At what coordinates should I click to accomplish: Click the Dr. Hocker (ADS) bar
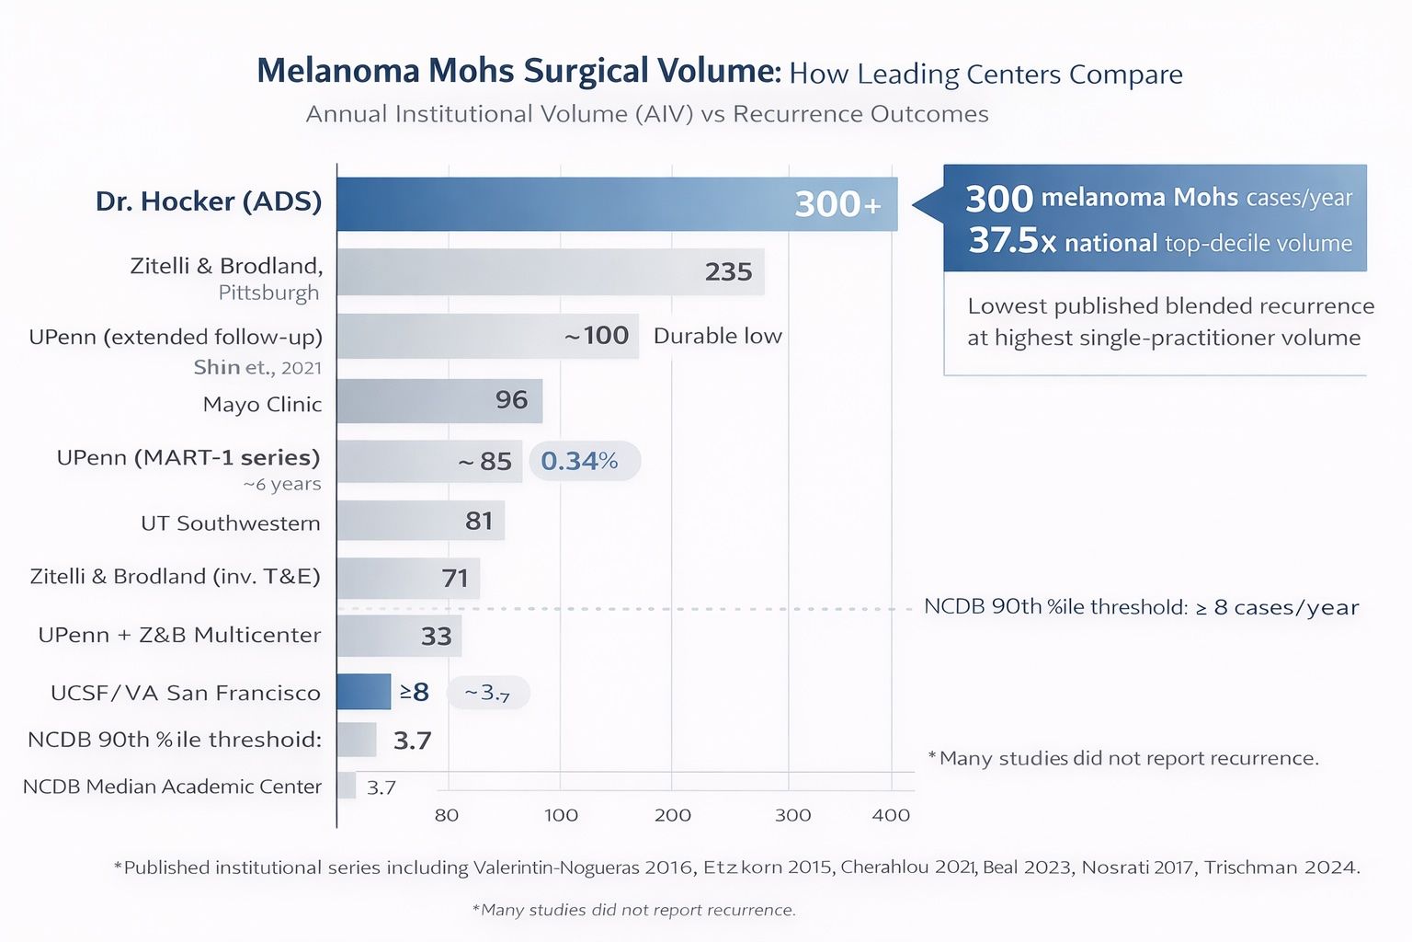pos(616,203)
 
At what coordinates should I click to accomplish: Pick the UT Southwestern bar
pos(420,521)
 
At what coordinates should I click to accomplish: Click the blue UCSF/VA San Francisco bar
pos(364,692)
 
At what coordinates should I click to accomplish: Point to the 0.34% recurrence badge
pos(580,461)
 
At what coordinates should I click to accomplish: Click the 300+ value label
pos(837,204)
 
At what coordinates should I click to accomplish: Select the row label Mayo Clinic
pos(262,404)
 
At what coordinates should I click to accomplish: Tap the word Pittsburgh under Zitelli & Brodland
pos(268,293)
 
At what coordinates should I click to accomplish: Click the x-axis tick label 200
pos(673,815)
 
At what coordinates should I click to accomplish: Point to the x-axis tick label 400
pos(891,815)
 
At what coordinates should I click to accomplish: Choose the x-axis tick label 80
pos(447,815)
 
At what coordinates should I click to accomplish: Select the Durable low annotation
pos(717,336)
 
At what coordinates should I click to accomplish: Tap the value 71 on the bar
pos(455,579)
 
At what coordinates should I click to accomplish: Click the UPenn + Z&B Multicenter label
pos(179,635)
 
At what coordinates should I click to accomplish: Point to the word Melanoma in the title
pos(337,71)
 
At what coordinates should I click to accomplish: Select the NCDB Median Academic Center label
pos(172,787)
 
